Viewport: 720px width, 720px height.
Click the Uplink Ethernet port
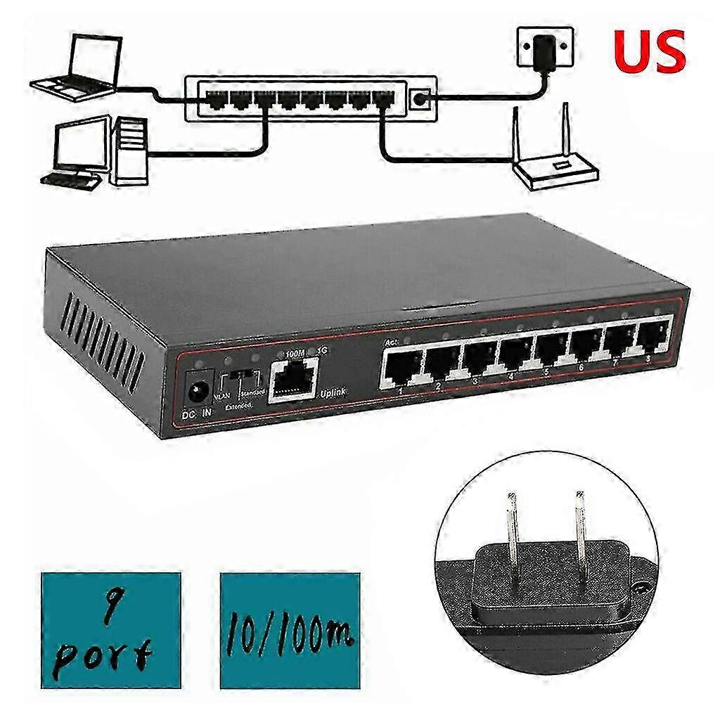coord(293,379)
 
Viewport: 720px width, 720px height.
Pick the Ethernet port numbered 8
coord(652,333)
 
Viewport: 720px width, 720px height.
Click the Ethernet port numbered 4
coord(516,352)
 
